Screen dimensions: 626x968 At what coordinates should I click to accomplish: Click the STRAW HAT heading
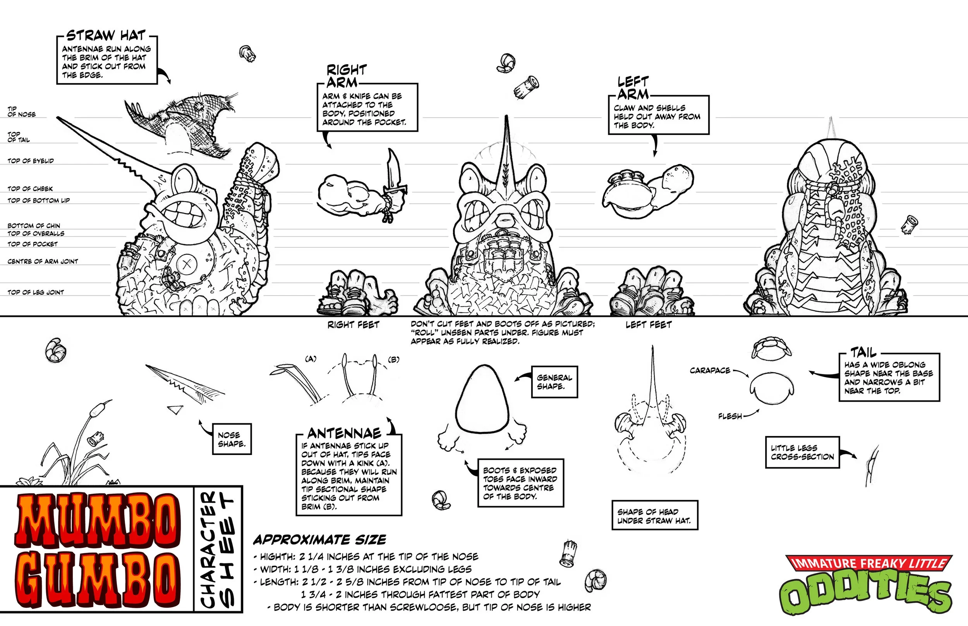coord(106,36)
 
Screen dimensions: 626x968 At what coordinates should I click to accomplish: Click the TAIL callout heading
coord(863,352)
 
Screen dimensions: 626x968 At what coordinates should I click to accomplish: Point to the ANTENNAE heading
coord(344,433)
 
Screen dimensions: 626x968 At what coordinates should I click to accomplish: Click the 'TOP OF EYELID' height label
coord(31,161)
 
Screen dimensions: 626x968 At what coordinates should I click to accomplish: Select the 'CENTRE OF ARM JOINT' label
coord(43,262)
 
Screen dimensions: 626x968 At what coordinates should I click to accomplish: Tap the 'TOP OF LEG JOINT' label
coord(36,292)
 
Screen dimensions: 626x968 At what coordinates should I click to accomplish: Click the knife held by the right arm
coord(393,173)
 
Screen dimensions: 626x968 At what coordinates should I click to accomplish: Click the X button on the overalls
coord(187,264)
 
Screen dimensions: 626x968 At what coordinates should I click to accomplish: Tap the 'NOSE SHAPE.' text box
coord(232,440)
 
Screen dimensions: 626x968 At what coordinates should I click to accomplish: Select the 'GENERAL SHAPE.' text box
coord(554,382)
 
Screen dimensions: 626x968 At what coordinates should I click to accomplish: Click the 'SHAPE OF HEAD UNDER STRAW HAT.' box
coord(654,516)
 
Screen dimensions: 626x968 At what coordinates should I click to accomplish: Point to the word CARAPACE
coord(710,370)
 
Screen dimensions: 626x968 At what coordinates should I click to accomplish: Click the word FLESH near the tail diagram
coord(730,416)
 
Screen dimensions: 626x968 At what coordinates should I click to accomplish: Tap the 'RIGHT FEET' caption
coord(353,325)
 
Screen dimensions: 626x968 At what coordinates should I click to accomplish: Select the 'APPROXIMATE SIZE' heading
coord(320,540)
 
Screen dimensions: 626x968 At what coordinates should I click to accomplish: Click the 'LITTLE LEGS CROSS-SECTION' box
coord(802,452)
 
